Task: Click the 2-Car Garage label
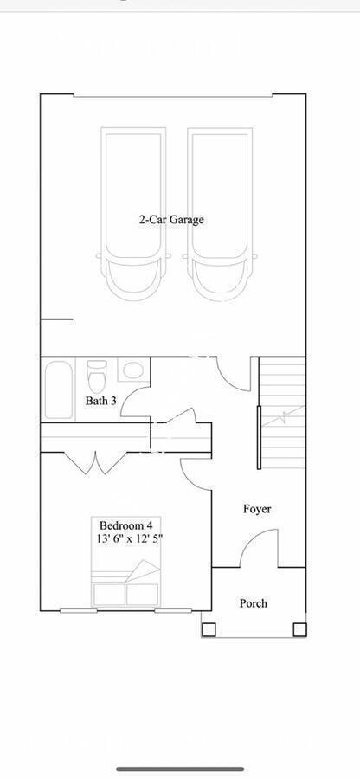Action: point(171,220)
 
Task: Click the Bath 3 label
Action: point(100,401)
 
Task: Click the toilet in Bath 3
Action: point(96,377)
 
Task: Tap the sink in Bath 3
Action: point(132,371)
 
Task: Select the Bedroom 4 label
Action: point(125,525)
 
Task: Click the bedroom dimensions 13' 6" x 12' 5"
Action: point(130,538)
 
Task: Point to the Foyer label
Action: point(256,509)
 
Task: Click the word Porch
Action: point(254,603)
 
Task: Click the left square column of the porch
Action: point(208,629)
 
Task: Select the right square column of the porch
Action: point(299,629)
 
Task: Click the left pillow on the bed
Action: point(109,595)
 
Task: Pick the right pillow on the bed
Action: point(142,595)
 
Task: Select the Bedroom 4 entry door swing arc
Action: point(195,472)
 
